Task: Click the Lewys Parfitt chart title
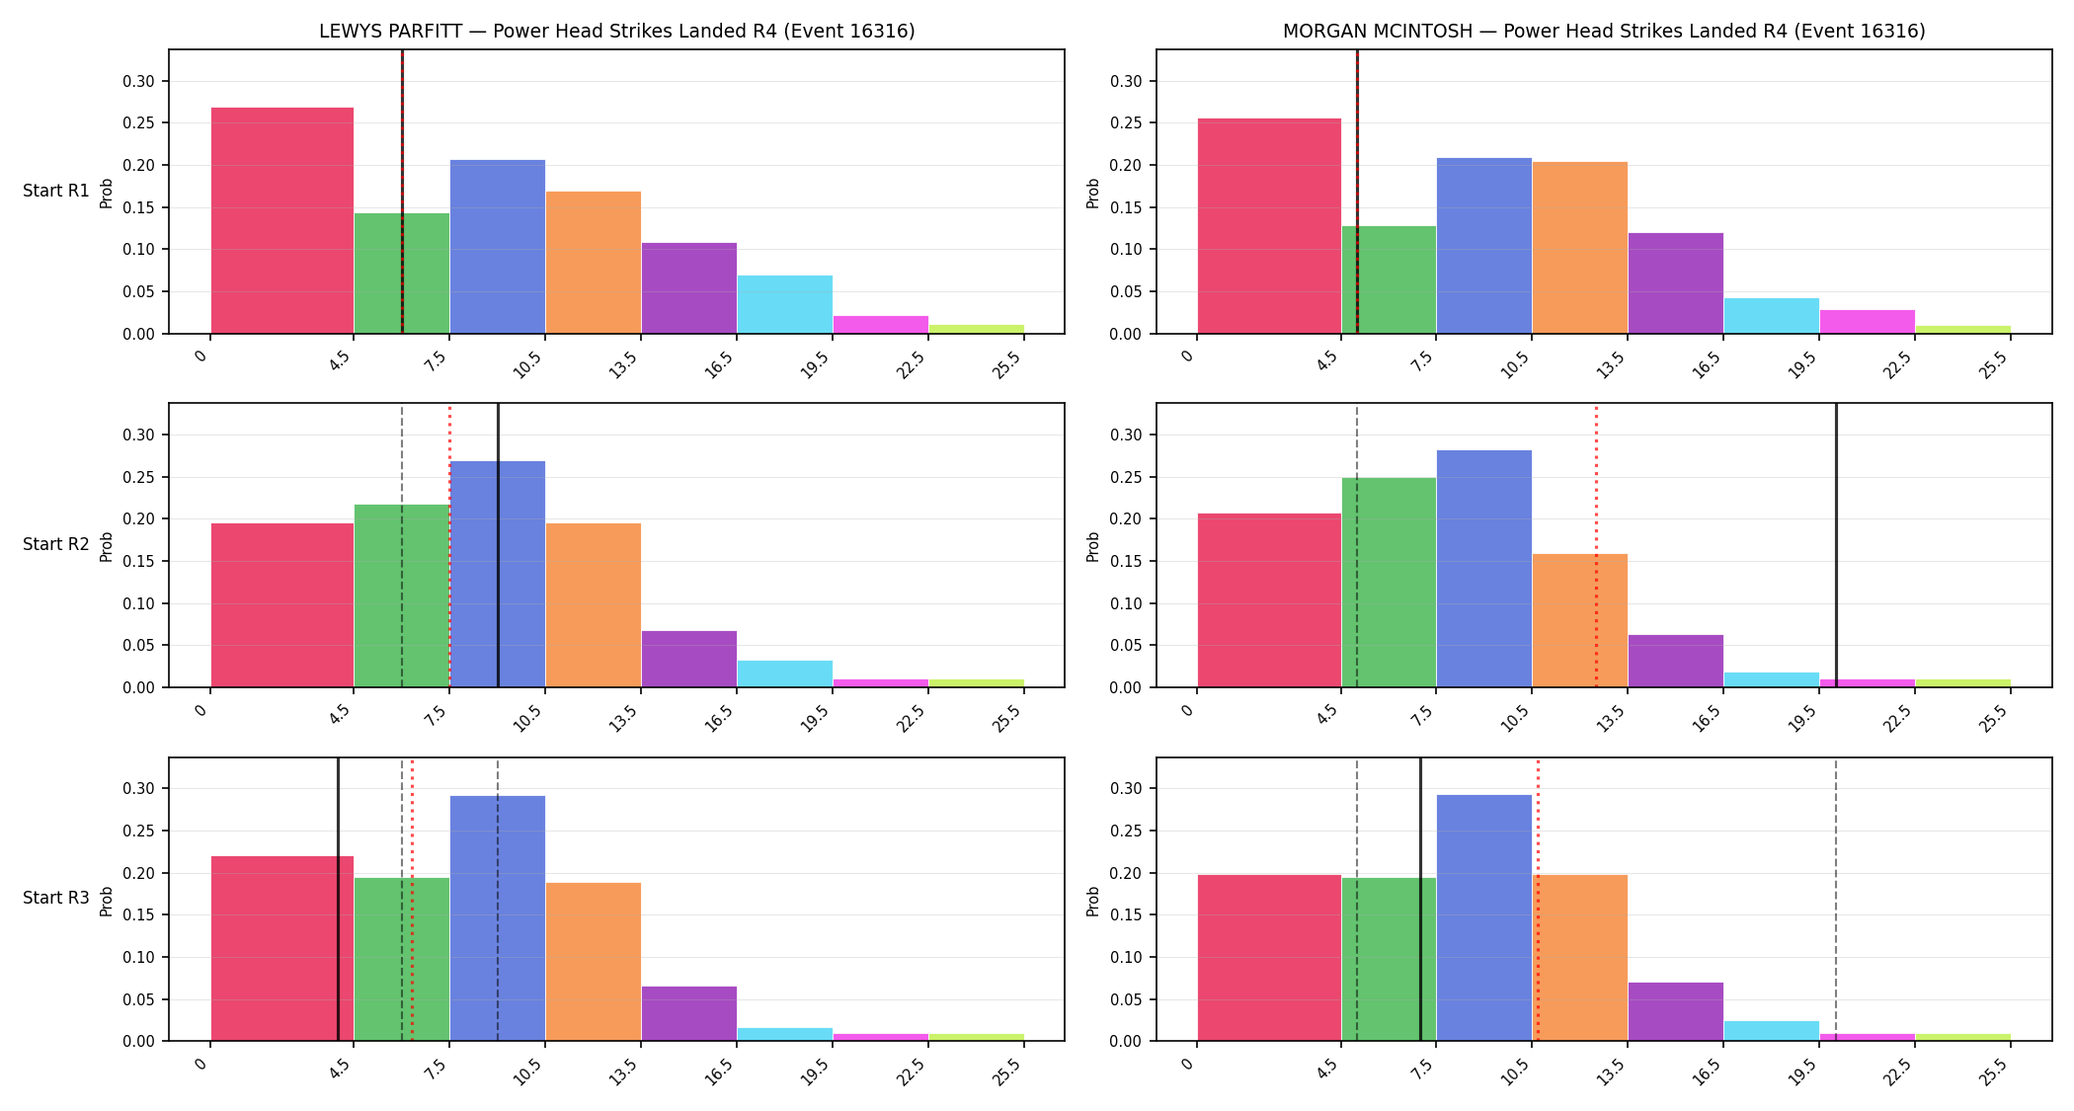click(x=616, y=31)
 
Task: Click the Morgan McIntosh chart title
click(x=1604, y=31)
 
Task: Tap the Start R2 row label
click(x=56, y=544)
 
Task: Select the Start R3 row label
click(x=56, y=898)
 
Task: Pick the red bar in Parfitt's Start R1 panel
click(x=282, y=220)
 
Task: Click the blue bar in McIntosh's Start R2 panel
click(x=1483, y=569)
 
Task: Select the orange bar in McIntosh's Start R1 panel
click(x=1579, y=248)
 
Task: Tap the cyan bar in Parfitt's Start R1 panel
click(x=784, y=304)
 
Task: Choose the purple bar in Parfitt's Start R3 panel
click(x=688, y=1013)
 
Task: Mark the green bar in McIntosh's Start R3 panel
click(x=1389, y=959)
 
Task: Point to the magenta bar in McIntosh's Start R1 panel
click(x=1867, y=322)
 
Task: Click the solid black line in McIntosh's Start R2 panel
click(x=1836, y=545)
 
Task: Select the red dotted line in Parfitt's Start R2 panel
click(x=449, y=545)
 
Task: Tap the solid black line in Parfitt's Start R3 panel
click(x=338, y=899)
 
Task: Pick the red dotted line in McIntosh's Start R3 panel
click(x=1538, y=899)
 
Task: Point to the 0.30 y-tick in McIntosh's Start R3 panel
click(x=1127, y=788)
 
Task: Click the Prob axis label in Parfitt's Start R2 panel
click(x=107, y=546)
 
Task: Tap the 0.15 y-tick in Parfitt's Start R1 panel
click(x=139, y=207)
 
